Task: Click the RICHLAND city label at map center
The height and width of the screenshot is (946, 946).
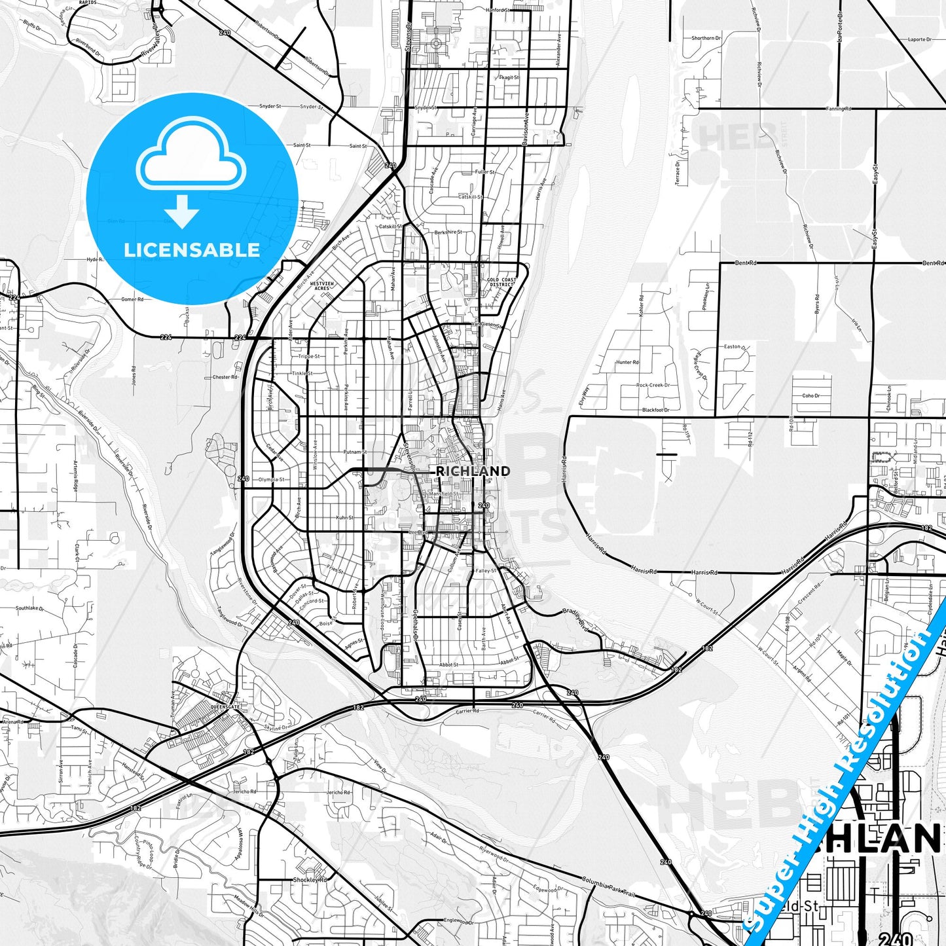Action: click(473, 471)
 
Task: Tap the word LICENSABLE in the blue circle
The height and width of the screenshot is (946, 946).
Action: click(192, 250)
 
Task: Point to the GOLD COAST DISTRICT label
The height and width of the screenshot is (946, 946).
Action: click(501, 282)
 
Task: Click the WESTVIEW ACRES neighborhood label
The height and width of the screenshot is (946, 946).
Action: click(321, 286)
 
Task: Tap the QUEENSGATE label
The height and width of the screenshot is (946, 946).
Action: click(225, 707)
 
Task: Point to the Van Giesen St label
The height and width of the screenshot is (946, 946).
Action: click(486, 324)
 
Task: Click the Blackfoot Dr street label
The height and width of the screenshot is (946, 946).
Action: click(656, 410)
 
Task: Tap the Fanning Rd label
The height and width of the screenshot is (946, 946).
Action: click(839, 109)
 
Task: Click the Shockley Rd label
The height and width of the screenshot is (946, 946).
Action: click(310, 880)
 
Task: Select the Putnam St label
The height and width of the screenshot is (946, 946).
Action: click(355, 452)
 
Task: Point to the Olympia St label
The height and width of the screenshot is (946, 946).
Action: click(271, 480)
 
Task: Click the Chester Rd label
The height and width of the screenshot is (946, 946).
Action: click(225, 377)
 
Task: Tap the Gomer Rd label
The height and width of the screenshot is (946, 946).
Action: click(132, 299)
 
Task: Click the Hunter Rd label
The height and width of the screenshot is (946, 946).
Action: click(627, 362)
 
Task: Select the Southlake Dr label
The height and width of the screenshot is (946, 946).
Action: click(29, 608)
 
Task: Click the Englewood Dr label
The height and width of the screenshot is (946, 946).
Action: click(458, 921)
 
